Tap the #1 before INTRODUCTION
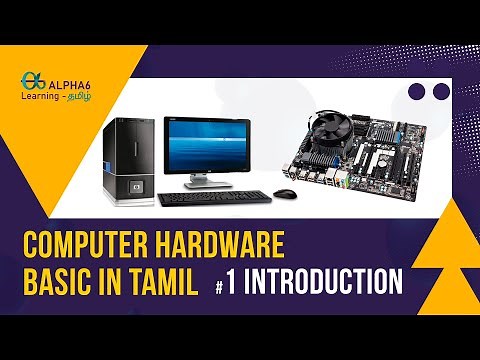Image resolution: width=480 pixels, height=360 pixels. pos(226,284)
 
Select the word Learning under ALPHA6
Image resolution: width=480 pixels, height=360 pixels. pos(43,98)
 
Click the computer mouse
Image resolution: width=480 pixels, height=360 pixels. pos(285,193)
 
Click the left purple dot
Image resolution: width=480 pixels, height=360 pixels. pos(417,92)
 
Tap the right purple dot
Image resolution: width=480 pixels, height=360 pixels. pos(442,92)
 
